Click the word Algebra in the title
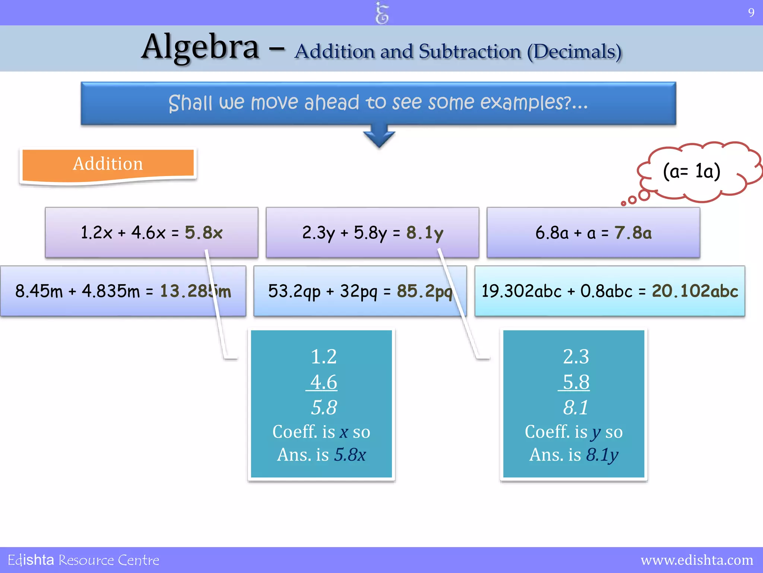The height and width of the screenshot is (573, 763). point(200,48)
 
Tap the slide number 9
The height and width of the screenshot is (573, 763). point(751,13)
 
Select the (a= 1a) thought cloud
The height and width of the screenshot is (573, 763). point(692,172)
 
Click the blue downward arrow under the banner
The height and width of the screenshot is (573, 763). point(379,137)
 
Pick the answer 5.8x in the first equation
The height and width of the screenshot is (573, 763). point(204,233)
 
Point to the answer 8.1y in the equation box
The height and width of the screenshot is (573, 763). point(425,233)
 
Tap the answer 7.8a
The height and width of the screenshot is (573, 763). point(633,233)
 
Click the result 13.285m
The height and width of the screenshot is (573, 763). point(195,291)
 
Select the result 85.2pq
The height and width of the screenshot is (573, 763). point(425,291)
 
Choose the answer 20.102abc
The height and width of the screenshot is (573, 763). point(695,291)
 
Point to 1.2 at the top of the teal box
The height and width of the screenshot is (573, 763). point(323,357)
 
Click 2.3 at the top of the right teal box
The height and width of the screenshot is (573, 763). point(576,357)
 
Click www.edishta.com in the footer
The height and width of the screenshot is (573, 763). point(697,560)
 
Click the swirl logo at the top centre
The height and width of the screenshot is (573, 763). point(382,13)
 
